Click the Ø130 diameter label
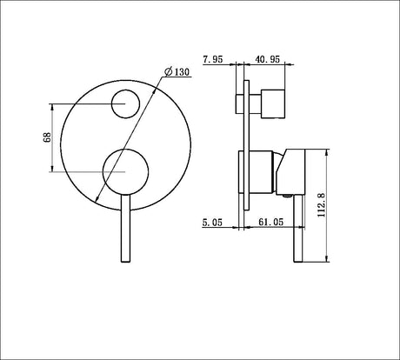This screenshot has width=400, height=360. (177, 71)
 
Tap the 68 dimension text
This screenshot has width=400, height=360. (47, 137)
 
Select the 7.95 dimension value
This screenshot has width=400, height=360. (213, 59)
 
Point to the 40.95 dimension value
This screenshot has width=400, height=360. (267, 59)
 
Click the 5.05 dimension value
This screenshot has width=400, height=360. (212, 223)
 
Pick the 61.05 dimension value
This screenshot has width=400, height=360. (270, 222)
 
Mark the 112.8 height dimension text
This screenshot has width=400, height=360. (322, 205)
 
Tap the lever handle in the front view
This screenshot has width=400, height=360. (125, 228)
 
